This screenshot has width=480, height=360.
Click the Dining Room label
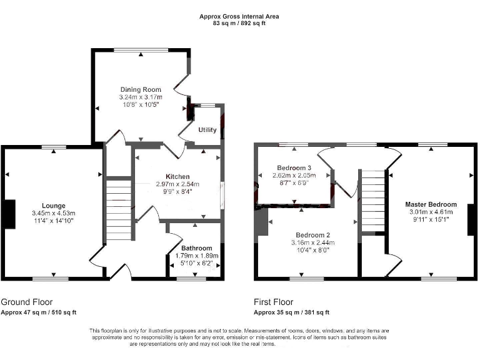click(x=141, y=90)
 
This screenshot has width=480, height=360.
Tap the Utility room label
click(x=207, y=130)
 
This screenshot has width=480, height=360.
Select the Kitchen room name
click(x=177, y=177)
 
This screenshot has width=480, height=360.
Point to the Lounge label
click(x=54, y=206)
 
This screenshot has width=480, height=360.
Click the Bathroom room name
click(x=196, y=248)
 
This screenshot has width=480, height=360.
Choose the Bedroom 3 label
click(x=294, y=168)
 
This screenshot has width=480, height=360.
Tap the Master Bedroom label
click(x=431, y=204)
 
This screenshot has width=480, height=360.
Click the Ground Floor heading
click(x=27, y=301)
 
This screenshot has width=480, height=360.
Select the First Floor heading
click(x=274, y=301)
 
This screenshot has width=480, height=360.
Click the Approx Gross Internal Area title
click(x=239, y=16)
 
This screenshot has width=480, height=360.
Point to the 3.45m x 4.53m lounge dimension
click(x=54, y=214)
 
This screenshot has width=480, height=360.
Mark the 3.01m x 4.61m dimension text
click(x=431, y=212)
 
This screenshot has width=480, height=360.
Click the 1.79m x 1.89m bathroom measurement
click(x=196, y=256)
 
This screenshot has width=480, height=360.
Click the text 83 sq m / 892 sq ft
click(x=239, y=24)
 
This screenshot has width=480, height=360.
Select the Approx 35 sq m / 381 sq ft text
click(x=291, y=312)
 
